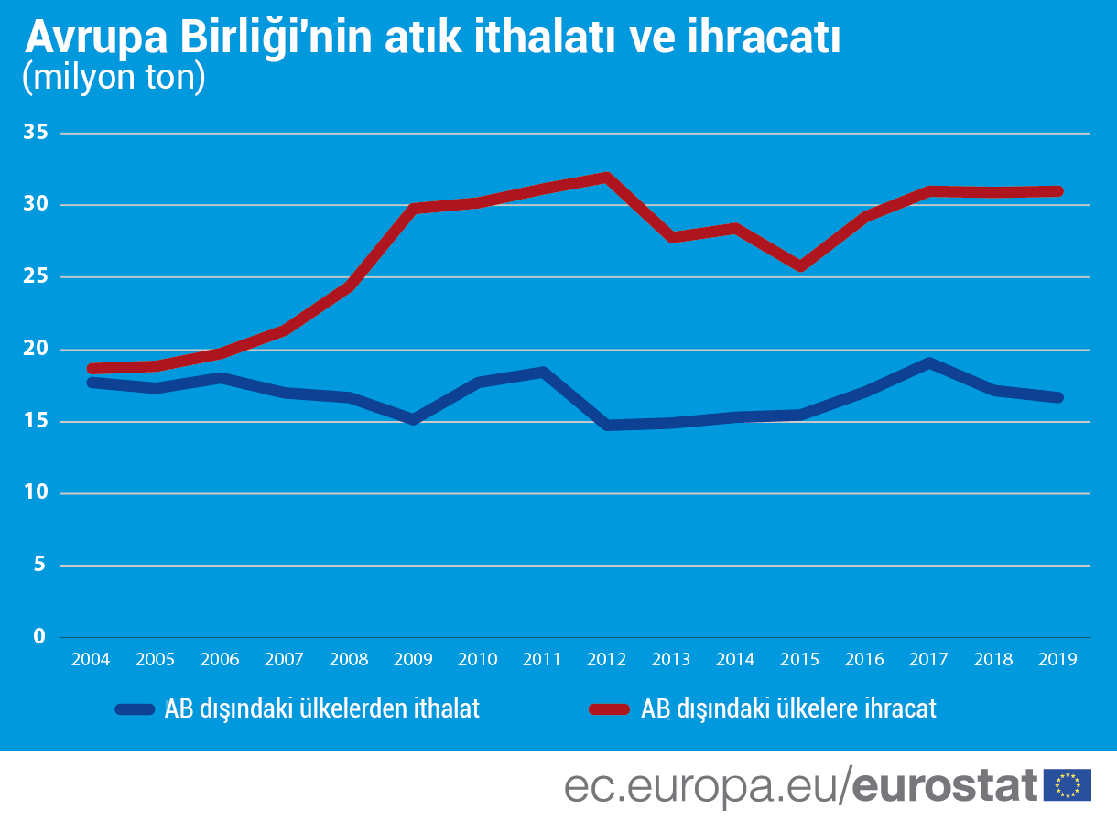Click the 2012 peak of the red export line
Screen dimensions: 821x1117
(x=606, y=178)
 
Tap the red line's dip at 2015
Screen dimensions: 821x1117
(x=800, y=266)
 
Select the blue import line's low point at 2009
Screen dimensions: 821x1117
(x=413, y=419)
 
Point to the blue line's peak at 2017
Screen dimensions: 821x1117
(x=929, y=362)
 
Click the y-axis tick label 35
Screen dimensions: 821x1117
(x=34, y=133)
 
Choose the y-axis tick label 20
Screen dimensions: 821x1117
(x=34, y=349)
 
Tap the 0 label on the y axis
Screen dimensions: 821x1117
(x=39, y=636)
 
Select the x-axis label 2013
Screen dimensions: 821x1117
(x=670, y=659)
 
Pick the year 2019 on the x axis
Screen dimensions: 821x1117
(x=1057, y=659)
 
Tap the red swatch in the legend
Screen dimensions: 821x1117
(x=610, y=708)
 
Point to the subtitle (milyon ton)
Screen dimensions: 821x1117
(x=114, y=77)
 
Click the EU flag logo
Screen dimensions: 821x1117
(x=1068, y=784)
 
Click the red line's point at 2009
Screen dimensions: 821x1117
(x=413, y=209)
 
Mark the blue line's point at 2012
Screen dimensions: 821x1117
(x=606, y=425)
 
